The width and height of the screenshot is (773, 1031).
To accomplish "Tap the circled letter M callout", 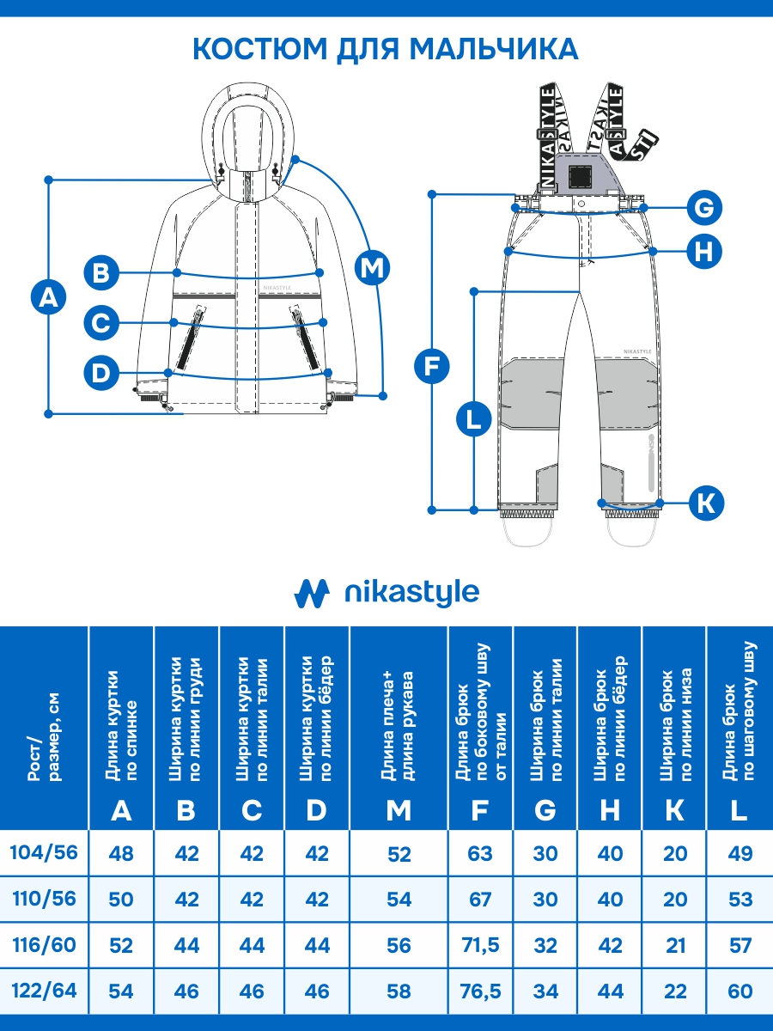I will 372,268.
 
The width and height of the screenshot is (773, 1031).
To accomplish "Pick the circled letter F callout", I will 431,367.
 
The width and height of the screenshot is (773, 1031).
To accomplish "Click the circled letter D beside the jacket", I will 101,373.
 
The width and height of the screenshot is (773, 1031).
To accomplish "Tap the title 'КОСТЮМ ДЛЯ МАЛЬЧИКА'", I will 386,49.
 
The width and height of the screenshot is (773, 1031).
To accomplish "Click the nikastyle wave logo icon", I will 312,593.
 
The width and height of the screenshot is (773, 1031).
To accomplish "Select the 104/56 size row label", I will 44,852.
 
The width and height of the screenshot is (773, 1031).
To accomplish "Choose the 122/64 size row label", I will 44,991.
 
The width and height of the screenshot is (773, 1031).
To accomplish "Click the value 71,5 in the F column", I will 480,945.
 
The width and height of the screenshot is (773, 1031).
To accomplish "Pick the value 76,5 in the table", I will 480,991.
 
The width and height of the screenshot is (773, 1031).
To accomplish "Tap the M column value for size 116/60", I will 399,945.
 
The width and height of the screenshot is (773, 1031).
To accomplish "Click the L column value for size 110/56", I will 740,900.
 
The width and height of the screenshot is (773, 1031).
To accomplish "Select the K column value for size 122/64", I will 675,991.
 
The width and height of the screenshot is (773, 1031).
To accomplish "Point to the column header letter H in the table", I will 610,810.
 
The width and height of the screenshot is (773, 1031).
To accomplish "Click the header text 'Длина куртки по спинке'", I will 121,726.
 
